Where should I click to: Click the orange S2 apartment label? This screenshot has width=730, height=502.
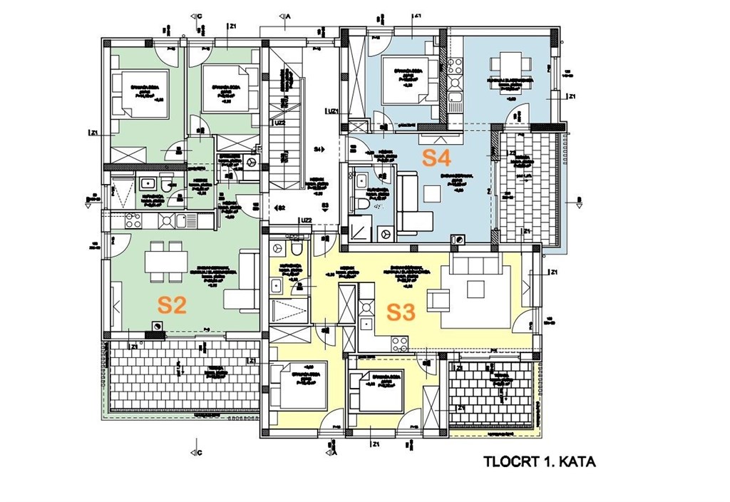coord(172,305)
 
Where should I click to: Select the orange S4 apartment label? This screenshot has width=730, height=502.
coord(437,158)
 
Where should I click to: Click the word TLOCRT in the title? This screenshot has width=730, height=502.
coord(506,462)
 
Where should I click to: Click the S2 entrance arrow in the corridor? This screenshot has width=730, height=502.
coord(280,207)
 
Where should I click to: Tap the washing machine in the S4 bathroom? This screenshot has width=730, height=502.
coord(386,232)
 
